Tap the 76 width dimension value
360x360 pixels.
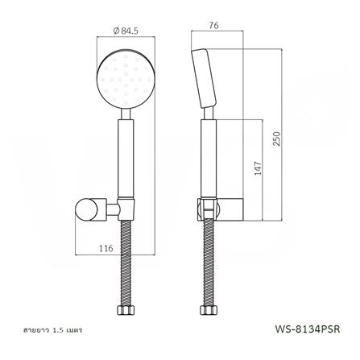point(213,25)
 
